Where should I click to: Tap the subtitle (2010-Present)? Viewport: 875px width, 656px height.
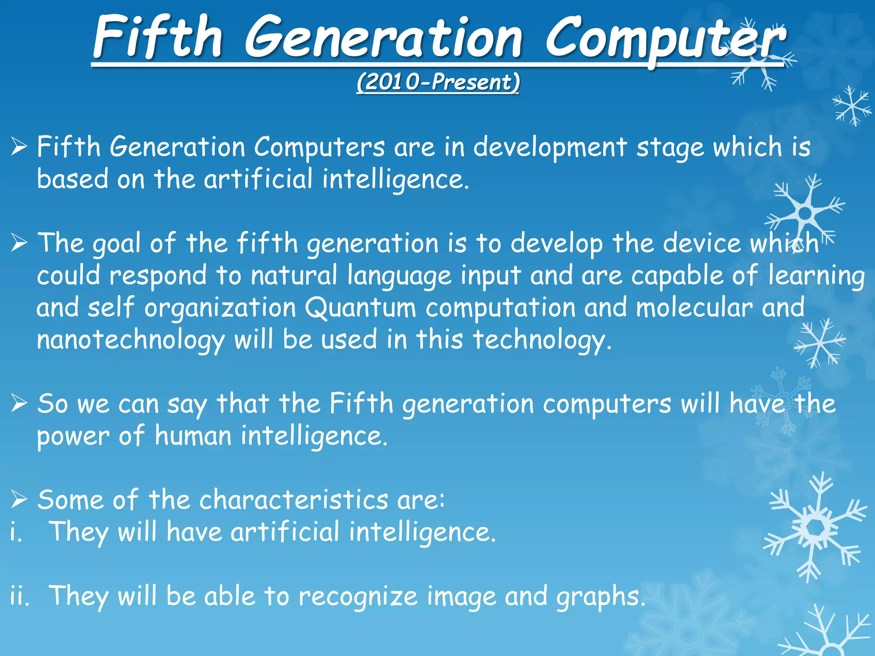438,82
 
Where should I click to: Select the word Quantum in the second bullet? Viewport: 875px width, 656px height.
360,308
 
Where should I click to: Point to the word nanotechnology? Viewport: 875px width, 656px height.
130,340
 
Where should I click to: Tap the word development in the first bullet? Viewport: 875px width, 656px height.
550,148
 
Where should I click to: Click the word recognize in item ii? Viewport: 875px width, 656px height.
358,597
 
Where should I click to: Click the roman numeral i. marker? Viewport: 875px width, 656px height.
16,533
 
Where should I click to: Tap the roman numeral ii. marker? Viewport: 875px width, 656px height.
20,597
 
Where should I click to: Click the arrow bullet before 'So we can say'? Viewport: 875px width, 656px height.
19,403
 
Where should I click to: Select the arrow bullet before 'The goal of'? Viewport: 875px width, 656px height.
19,243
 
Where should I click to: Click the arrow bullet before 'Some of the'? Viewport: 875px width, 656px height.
19,499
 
